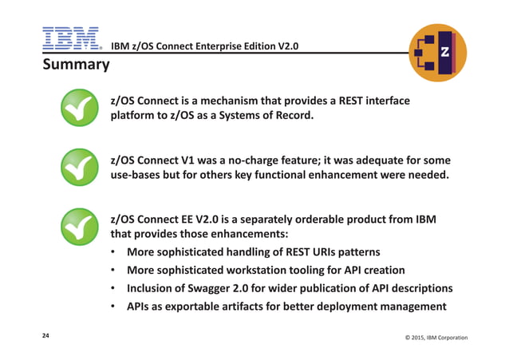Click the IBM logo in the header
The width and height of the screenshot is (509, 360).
pos(70,38)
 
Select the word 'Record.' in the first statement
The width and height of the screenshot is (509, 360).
pos(290,117)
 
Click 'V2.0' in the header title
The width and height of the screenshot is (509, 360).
pos(282,45)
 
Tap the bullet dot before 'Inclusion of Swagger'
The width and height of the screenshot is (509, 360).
pos(114,289)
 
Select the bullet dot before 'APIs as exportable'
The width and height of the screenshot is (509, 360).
pos(114,307)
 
